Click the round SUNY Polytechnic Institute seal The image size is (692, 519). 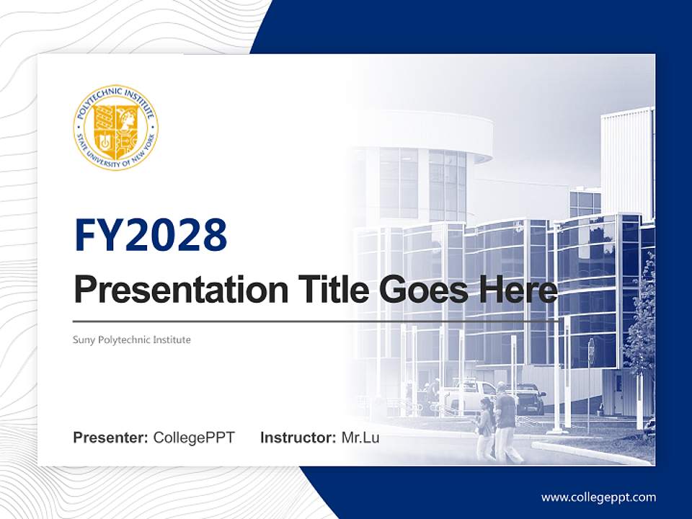(x=115, y=128)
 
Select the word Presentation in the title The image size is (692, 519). (x=170, y=290)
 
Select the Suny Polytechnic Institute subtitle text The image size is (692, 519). (x=132, y=340)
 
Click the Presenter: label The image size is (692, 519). (x=111, y=438)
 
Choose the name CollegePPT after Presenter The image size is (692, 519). (x=194, y=438)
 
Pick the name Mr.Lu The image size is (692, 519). (x=360, y=438)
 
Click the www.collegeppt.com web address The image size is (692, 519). (x=598, y=497)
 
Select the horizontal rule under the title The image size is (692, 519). (x=315, y=321)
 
